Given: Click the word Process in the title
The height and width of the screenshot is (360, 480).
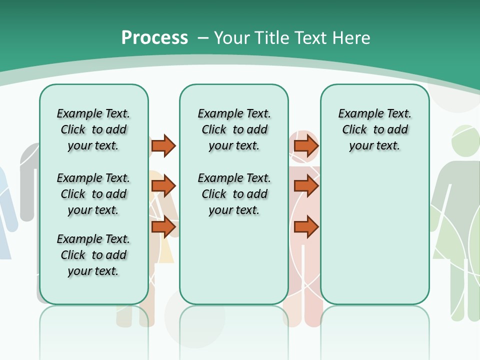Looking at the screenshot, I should [x=154, y=38].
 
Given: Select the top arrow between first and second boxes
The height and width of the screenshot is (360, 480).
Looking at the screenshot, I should [x=163, y=145].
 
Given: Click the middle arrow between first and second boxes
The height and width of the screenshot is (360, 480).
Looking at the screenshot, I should [x=163, y=186].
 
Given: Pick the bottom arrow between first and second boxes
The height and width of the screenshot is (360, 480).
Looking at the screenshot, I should [x=163, y=227].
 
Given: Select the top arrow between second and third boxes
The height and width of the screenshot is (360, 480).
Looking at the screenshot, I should [x=306, y=145].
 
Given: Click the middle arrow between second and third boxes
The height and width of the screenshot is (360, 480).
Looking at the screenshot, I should [x=306, y=186].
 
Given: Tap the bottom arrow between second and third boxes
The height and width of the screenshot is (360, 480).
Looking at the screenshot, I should [x=306, y=227].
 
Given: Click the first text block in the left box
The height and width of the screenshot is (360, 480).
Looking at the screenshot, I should [x=93, y=129].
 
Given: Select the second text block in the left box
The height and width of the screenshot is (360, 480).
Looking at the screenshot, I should [x=93, y=194].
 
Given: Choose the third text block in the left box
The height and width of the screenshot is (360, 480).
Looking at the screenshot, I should [x=93, y=255].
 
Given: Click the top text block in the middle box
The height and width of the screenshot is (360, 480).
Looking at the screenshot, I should [x=234, y=129].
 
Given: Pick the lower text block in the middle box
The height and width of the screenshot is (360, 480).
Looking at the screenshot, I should [x=234, y=194].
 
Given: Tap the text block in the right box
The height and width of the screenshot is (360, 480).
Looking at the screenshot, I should [x=374, y=129].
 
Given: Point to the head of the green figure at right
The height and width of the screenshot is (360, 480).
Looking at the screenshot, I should [x=465, y=140].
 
